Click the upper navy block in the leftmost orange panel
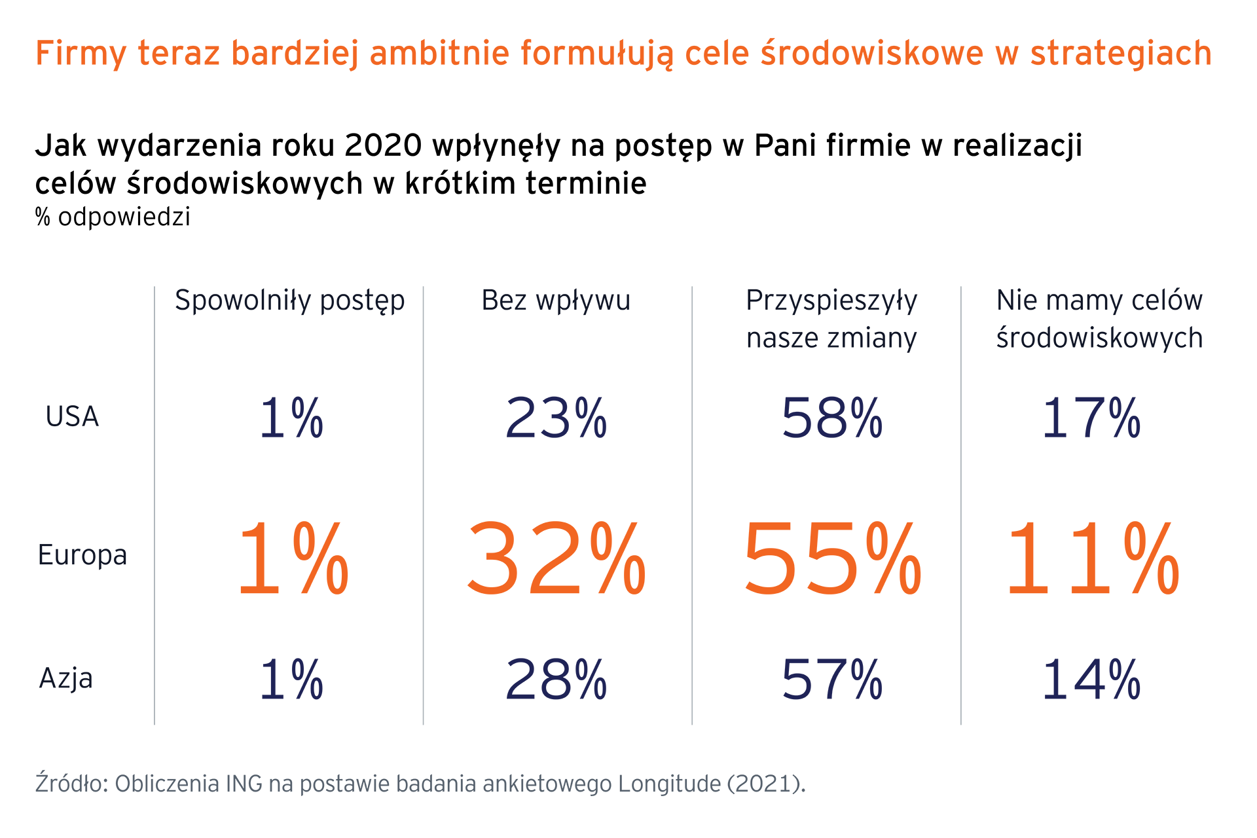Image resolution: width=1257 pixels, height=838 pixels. [292, 386]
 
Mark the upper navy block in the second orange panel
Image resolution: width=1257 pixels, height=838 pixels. [556, 386]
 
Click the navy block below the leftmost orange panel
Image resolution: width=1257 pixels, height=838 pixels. [292, 661]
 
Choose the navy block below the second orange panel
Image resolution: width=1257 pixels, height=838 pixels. [556, 661]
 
